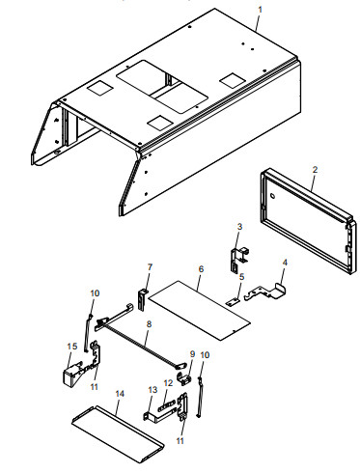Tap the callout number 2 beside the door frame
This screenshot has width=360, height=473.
tap(316, 170)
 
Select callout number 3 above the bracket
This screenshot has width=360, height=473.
tap(239, 226)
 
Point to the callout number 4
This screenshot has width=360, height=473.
tap(284, 262)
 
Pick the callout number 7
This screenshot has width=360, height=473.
tap(150, 266)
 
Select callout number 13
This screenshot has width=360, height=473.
tap(151, 388)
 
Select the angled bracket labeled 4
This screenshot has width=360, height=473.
tap(269, 291)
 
